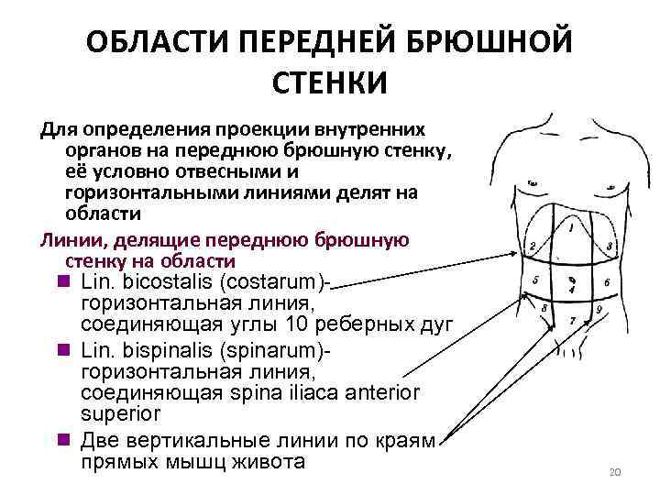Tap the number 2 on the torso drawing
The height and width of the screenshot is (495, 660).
click(x=533, y=246)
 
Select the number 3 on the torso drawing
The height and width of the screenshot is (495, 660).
click(x=610, y=247)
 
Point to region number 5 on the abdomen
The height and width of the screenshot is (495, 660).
click(x=535, y=280)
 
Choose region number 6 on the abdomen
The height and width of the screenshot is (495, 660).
click(x=607, y=282)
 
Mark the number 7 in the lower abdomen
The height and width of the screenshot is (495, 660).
click(x=572, y=321)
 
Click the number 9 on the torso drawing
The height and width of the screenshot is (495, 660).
click(x=599, y=311)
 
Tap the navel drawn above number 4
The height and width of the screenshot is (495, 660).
click(x=571, y=279)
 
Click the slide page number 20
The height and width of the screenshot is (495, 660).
click(x=615, y=472)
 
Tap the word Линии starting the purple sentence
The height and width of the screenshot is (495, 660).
click(x=67, y=241)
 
